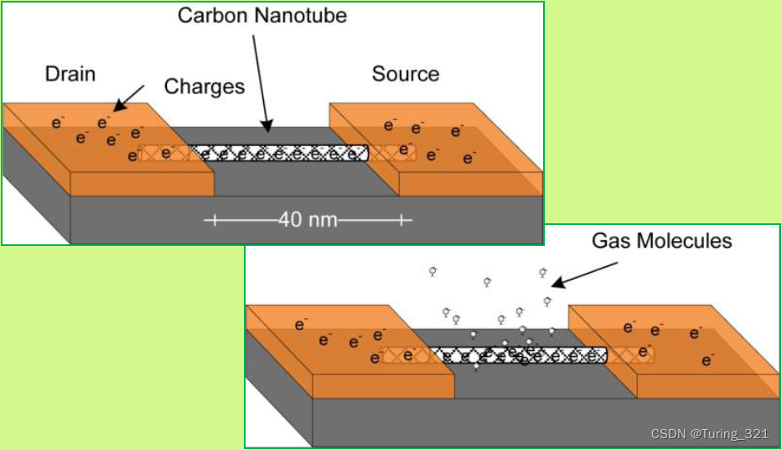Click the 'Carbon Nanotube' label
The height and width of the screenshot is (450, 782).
(x=262, y=15)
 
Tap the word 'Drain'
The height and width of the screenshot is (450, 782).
(x=70, y=74)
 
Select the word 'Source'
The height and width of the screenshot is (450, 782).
(x=405, y=75)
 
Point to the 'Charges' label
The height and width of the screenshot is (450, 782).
(x=205, y=86)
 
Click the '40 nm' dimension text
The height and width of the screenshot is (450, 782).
(x=308, y=220)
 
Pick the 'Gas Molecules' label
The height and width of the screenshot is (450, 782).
(x=661, y=242)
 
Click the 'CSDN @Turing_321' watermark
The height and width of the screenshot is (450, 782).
(x=709, y=433)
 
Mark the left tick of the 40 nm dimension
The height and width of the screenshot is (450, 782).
(x=214, y=220)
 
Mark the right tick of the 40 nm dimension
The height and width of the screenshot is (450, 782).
(x=403, y=220)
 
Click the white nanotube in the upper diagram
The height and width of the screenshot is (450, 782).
(x=277, y=153)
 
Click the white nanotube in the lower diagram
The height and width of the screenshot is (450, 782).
(x=520, y=355)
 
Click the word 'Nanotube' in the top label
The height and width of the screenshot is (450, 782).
(x=303, y=15)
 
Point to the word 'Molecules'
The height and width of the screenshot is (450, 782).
(x=688, y=242)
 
